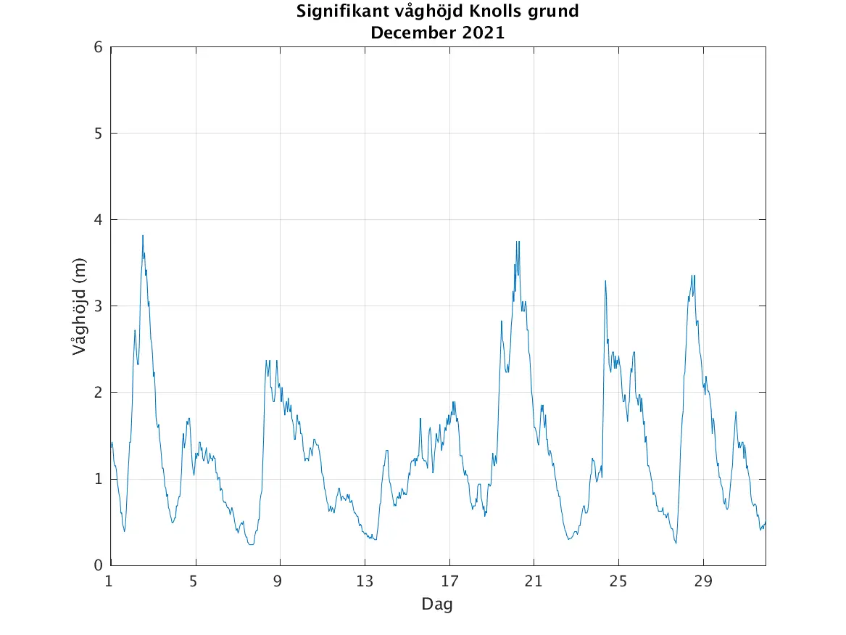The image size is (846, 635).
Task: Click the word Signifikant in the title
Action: [336, 12]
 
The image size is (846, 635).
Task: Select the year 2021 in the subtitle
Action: [479, 33]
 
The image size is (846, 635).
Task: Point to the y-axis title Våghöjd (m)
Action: [79, 306]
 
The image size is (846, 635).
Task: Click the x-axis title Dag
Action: [437, 604]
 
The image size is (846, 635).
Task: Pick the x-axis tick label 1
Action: [109, 581]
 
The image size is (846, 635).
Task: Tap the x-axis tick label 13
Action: [365, 581]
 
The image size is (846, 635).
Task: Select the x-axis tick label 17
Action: [449, 581]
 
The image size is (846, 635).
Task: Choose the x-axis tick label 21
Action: [534, 581]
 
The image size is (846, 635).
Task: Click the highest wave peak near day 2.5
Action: [143, 236]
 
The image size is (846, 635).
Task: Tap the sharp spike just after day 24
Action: [605, 282]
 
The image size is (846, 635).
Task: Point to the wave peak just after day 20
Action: [518, 242]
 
